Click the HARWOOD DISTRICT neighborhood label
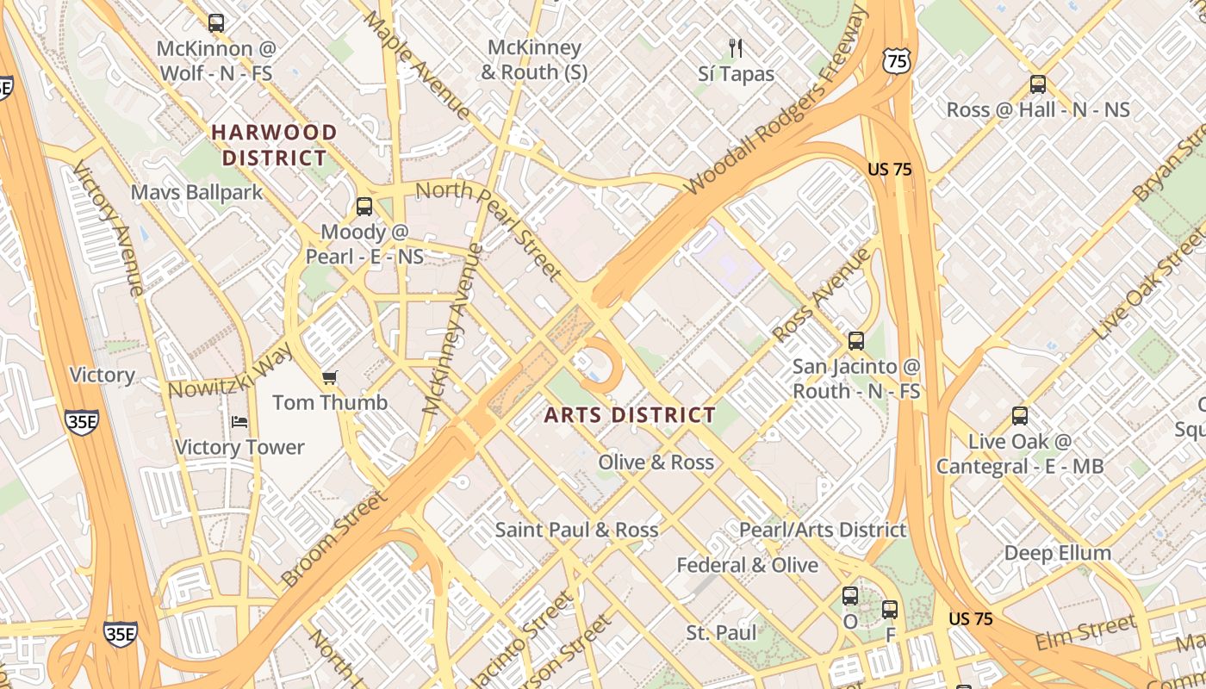point(274,145)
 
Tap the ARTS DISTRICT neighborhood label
point(630,415)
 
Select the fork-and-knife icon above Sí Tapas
point(735,47)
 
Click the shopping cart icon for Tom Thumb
point(329,377)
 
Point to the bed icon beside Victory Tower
point(239,422)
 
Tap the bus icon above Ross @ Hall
point(1038,84)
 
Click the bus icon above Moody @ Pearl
point(364,207)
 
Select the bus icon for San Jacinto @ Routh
point(855,341)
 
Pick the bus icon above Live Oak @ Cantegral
point(1020,416)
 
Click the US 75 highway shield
point(896,60)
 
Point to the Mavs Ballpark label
point(196,191)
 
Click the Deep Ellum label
point(1058,552)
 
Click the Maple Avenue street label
point(417,65)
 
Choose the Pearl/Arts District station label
point(823,530)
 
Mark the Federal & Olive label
point(747,565)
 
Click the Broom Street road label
point(334,539)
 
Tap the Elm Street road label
point(1085,633)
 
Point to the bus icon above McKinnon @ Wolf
point(216,23)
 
